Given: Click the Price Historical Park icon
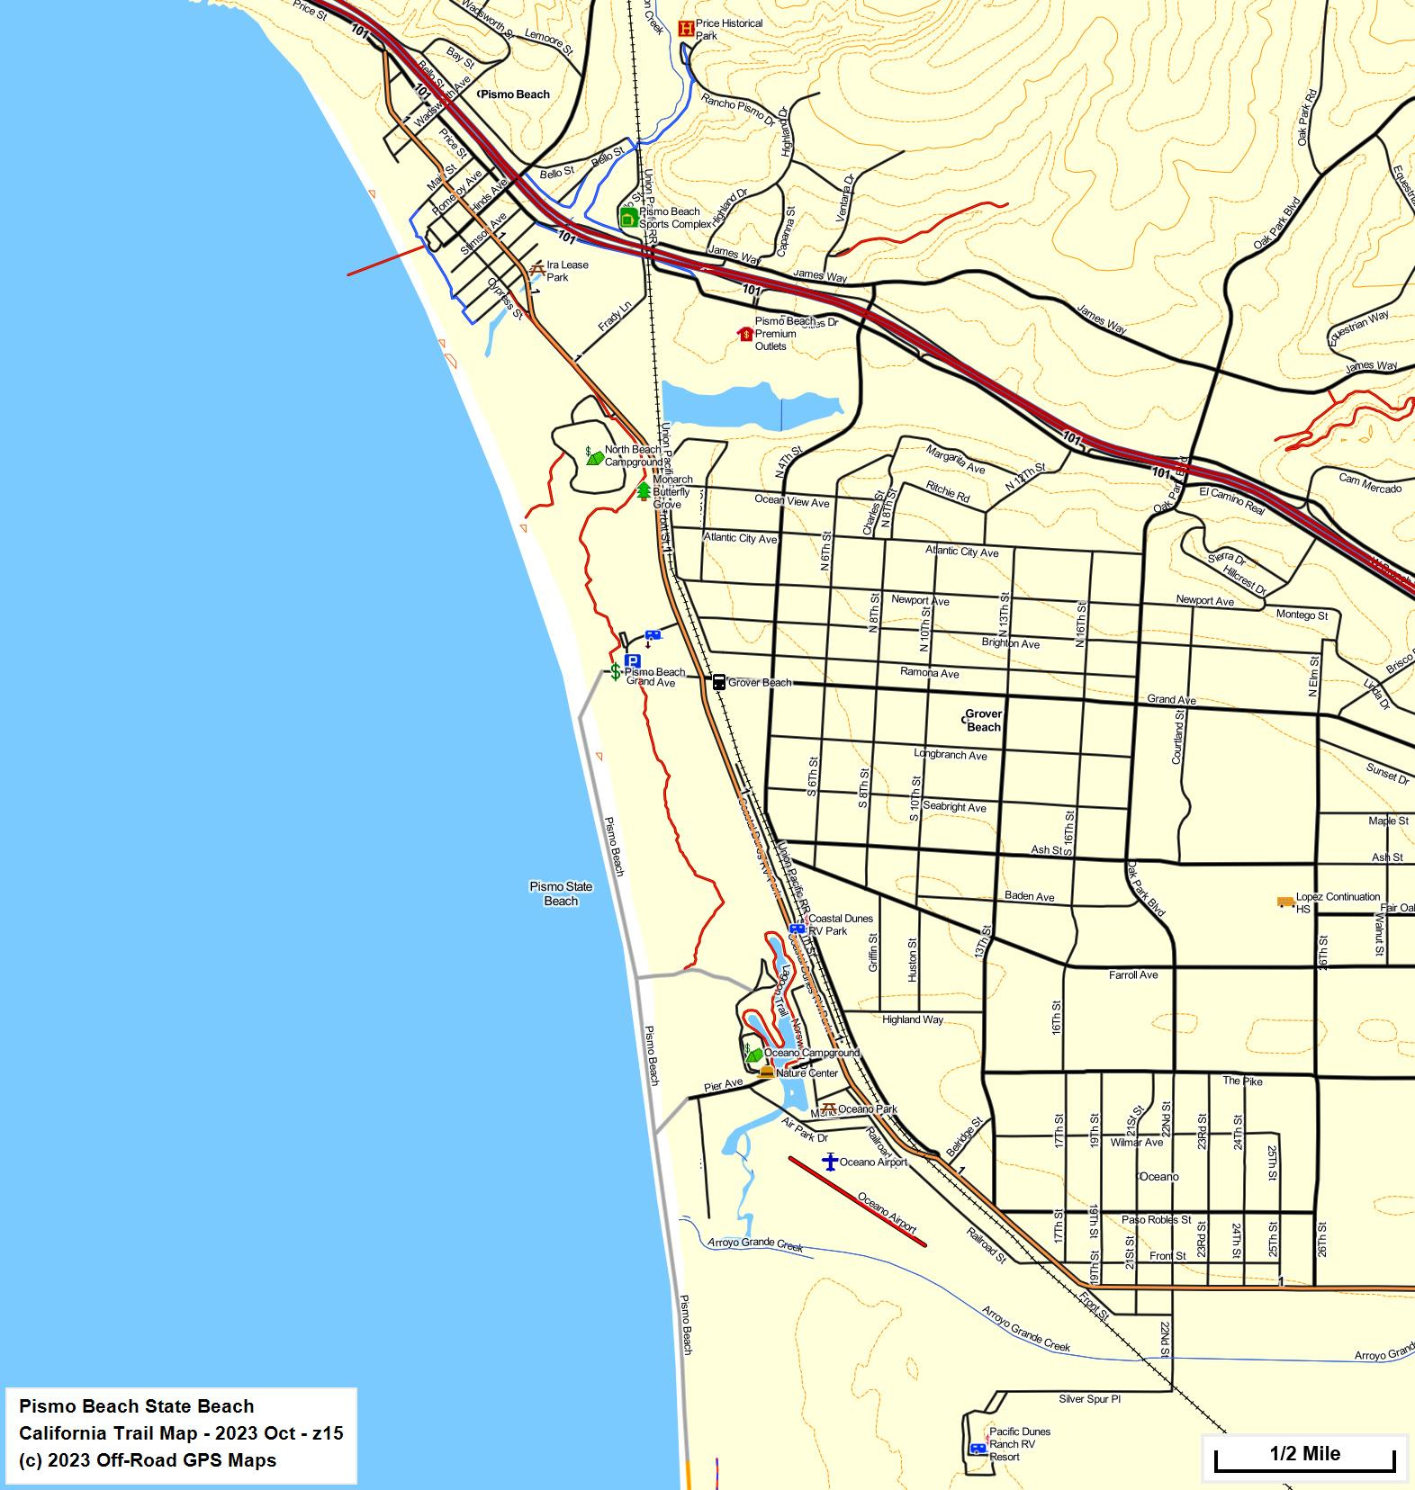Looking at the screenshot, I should point(687,29).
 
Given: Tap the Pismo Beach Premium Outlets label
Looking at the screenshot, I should point(775,334).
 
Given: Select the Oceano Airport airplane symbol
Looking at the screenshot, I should point(830,1162).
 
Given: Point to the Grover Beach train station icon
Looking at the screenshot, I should point(718,682).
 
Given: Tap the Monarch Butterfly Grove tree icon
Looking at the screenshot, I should point(644,491).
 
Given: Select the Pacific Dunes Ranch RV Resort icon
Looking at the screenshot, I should point(978,1449).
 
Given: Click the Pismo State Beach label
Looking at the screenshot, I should point(561,893).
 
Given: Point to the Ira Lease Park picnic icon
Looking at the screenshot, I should point(537,269).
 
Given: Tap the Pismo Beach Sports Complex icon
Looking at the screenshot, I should point(628,217).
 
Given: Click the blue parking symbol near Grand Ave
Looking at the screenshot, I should point(632,660).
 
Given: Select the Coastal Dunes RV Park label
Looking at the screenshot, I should point(840,924).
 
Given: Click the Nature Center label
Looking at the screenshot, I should point(807,1073).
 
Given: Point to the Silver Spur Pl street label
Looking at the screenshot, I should point(1089,1399).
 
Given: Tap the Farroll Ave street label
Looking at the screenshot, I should point(1133,974).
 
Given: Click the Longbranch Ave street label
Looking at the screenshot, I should point(951,755).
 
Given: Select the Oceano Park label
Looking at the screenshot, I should point(868,1109).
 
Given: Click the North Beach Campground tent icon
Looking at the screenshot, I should point(594,457).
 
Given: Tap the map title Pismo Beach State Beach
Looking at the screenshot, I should point(136,1406).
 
